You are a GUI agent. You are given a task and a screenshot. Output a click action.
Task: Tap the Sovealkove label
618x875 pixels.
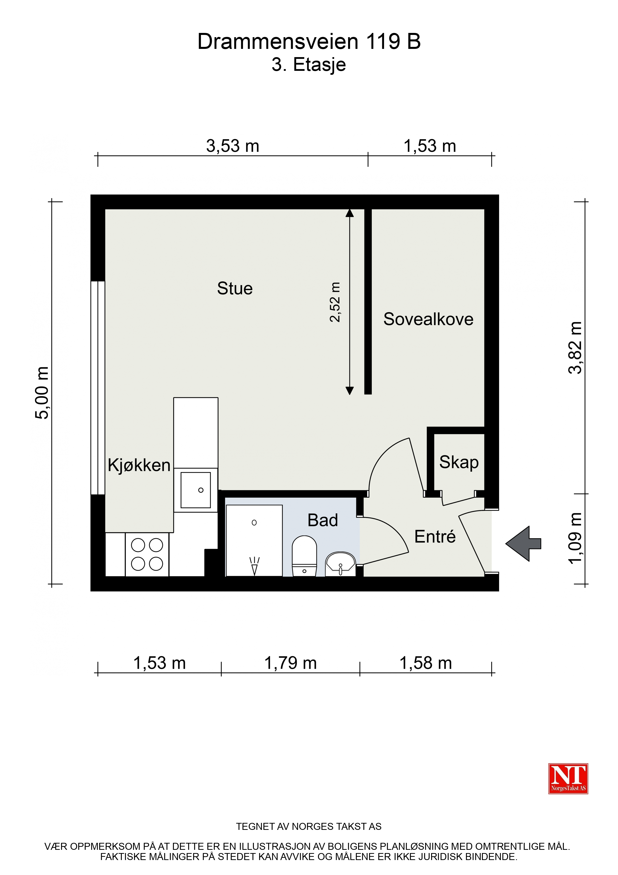(x=428, y=319)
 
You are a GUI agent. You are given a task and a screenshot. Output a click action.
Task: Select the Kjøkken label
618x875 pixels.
(x=139, y=465)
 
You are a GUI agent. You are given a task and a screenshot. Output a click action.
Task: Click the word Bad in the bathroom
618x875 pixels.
(x=322, y=520)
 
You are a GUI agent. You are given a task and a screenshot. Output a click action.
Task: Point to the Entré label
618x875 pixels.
(x=435, y=537)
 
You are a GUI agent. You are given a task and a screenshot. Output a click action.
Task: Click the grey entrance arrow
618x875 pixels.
(x=523, y=544)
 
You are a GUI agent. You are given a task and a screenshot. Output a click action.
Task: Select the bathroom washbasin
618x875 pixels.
(x=340, y=564)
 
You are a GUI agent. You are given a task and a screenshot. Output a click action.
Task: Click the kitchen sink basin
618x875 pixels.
(x=196, y=490)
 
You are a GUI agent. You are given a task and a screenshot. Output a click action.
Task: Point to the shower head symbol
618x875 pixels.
(x=254, y=565)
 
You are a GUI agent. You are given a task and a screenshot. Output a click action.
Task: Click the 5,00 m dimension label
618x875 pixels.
(x=42, y=393)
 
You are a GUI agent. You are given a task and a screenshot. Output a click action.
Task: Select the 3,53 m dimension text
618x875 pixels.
(x=233, y=146)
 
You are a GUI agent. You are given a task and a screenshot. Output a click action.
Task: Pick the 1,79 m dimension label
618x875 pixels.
(x=291, y=663)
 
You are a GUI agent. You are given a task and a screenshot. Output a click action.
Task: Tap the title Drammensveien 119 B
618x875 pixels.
(x=309, y=42)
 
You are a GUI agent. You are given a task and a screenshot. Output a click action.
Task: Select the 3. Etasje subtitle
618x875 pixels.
(x=309, y=65)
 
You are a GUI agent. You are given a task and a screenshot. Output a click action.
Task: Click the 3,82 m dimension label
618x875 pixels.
(x=575, y=347)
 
